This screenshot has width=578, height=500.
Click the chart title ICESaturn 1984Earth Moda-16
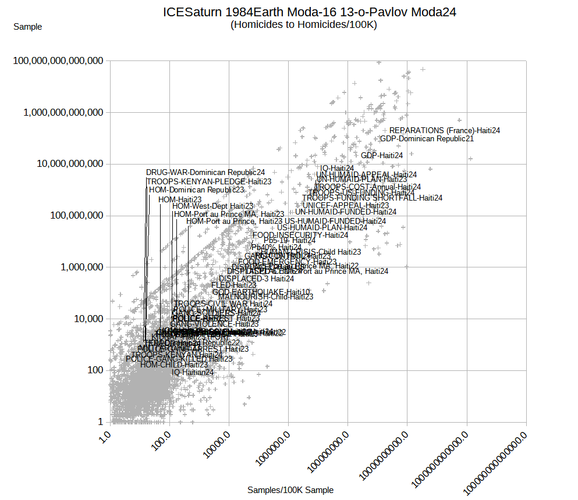pyautogui.click(x=309, y=12)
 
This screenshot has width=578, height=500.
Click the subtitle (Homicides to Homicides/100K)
pyautogui.click(x=303, y=24)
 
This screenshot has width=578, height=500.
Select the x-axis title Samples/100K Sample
pyautogui.click(x=290, y=490)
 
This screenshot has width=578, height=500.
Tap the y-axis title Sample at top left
pyautogui.click(x=27, y=27)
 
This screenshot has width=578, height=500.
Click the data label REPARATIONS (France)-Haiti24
pyautogui.click(x=445, y=131)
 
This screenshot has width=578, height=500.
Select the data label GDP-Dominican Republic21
pyautogui.click(x=427, y=139)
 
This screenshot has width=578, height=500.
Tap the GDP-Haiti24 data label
pyautogui.click(x=382, y=155)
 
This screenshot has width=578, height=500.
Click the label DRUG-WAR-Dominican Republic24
pyautogui.click(x=205, y=173)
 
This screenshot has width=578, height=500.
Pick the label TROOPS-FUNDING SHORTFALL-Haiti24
pyautogui.click(x=372, y=198)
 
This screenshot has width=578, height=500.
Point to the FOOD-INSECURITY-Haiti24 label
pyautogui.click(x=300, y=235)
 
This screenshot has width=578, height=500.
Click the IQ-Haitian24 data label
pyautogui.click(x=193, y=372)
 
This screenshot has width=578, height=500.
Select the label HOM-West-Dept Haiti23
pyautogui.click(x=212, y=206)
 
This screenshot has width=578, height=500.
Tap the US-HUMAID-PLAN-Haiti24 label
pyautogui.click(x=322, y=228)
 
